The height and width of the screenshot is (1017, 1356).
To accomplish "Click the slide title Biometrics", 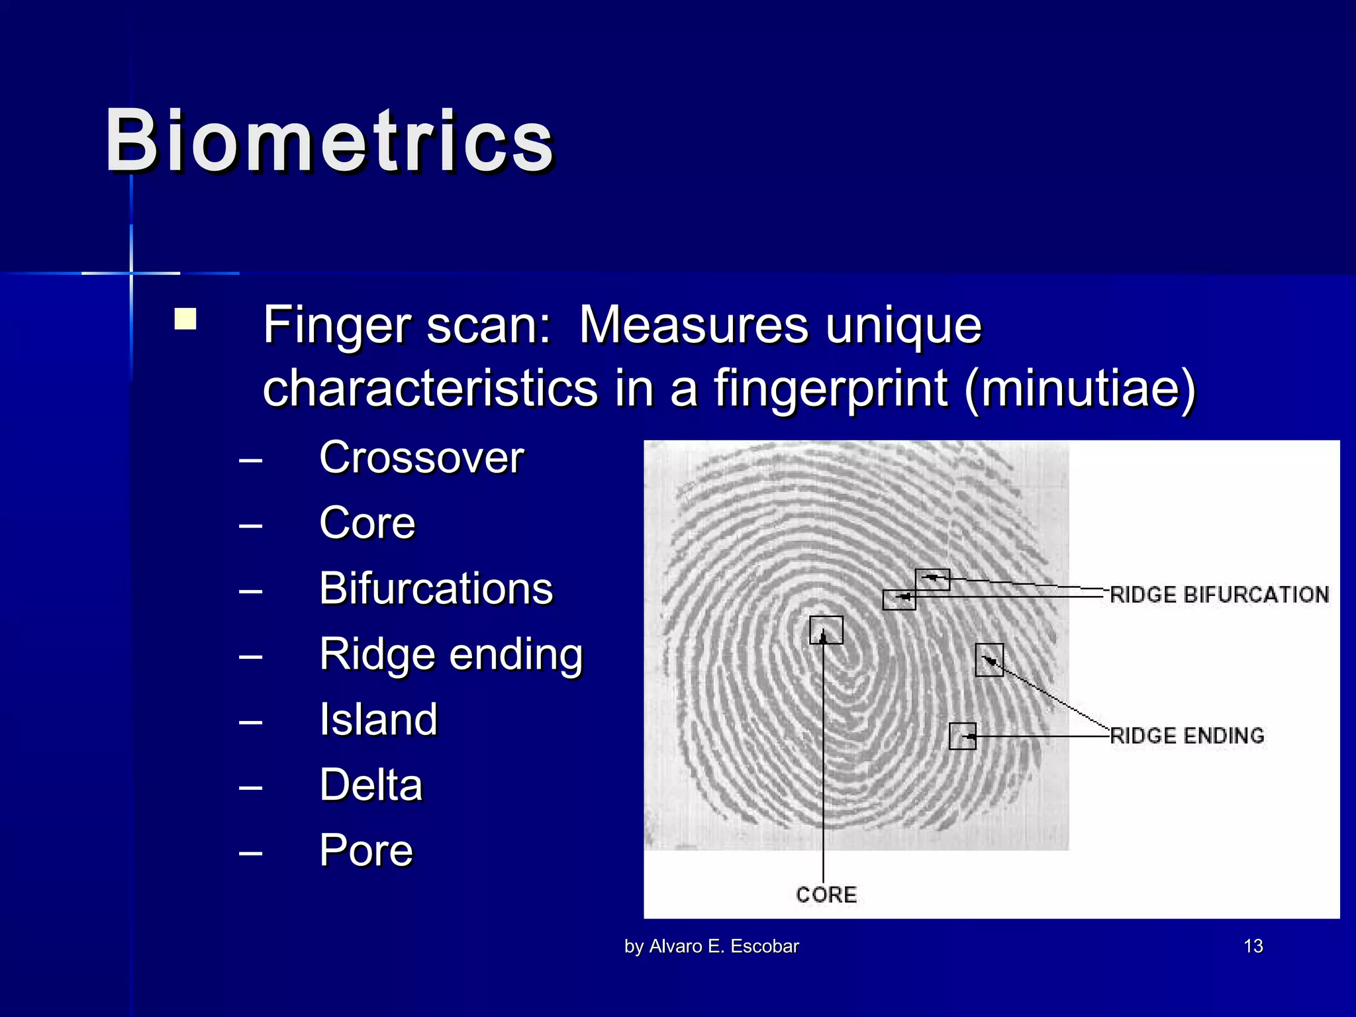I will click(329, 141).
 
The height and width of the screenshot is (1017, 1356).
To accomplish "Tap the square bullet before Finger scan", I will click(185, 319).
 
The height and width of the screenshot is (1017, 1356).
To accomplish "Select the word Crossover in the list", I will click(422, 458).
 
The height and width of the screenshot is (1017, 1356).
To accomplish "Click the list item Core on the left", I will click(367, 523).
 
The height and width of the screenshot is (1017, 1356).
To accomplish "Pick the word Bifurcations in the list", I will click(436, 588).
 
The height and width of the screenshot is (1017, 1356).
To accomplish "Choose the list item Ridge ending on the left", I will click(451, 654).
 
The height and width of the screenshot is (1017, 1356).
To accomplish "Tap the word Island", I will click(379, 719).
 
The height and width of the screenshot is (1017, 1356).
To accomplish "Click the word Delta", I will click(371, 785).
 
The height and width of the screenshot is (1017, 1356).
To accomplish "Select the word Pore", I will click(366, 850).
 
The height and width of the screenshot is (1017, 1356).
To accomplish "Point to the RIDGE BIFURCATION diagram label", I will click(1219, 595).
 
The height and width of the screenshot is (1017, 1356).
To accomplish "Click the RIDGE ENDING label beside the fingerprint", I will click(1186, 736).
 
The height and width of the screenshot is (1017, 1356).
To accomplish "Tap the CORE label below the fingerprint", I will click(826, 895).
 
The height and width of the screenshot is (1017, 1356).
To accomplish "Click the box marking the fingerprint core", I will click(826, 630).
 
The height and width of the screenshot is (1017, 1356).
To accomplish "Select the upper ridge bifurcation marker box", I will click(932, 579).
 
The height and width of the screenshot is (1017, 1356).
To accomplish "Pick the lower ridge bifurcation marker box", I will click(899, 599).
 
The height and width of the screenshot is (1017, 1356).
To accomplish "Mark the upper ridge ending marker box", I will click(989, 660).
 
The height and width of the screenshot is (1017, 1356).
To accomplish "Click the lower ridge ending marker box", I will click(962, 736).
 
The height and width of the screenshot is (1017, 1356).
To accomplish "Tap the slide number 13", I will click(1253, 946).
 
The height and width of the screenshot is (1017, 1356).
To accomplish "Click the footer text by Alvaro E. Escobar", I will click(712, 946).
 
